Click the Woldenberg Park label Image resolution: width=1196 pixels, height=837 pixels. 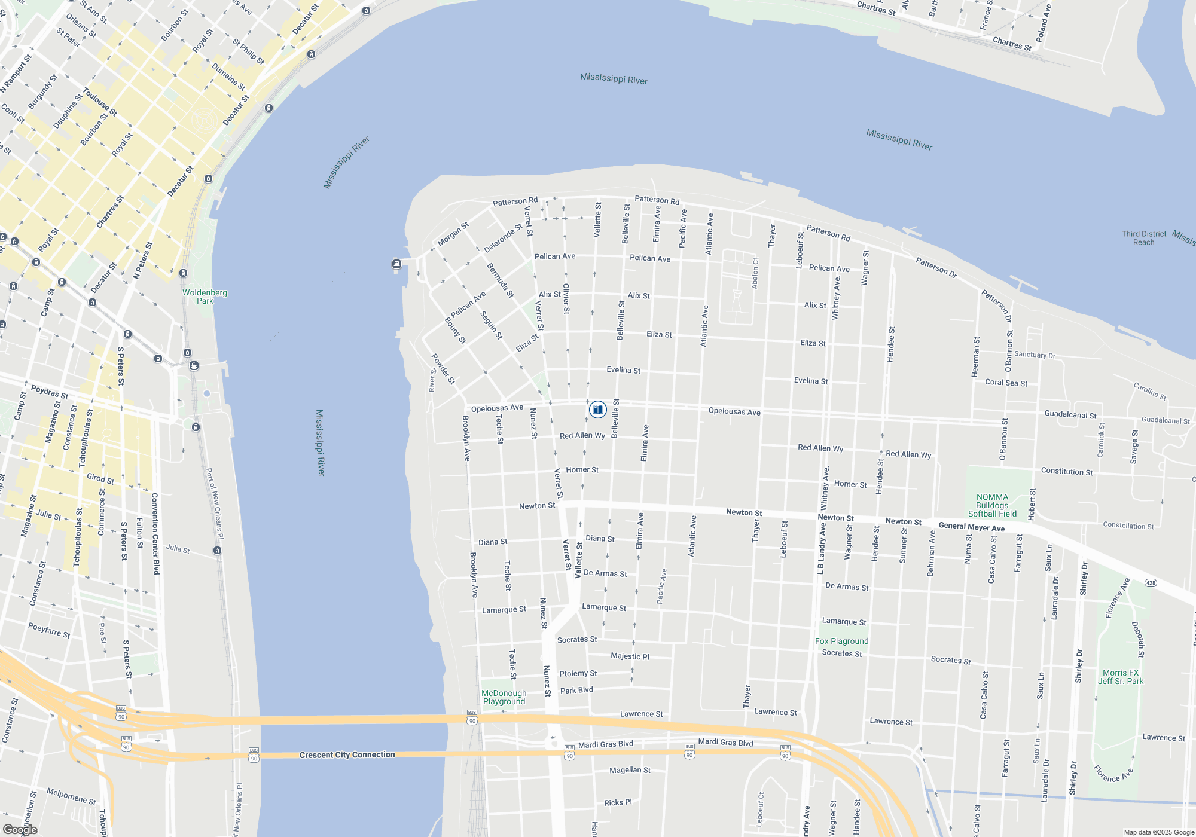coord(205,297)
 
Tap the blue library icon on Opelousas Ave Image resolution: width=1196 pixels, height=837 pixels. coord(597,410)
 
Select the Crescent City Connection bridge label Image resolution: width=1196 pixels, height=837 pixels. coord(347,754)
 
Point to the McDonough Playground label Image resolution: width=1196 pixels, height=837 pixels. coord(504,697)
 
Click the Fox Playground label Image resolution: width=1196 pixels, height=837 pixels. coord(841,641)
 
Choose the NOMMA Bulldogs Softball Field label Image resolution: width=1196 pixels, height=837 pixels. coord(992,505)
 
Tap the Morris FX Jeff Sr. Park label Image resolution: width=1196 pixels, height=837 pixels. coord(1120,677)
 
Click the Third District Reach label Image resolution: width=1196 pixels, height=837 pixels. coord(1143,238)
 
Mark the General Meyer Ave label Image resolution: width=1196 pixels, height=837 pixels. coord(971,527)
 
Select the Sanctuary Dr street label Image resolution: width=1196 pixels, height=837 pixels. coord(1035,355)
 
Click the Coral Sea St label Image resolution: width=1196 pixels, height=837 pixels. coord(1006,383)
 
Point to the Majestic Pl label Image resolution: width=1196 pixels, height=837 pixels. coord(630,656)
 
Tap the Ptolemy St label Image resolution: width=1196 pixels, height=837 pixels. coord(578,673)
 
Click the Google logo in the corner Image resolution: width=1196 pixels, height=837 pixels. coord(20,830)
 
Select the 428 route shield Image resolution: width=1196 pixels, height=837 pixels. coord(1150,583)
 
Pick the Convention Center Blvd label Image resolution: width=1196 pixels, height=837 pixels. coord(155,533)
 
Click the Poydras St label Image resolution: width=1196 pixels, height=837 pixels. coord(50,392)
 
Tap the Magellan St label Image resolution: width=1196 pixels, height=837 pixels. coord(630,770)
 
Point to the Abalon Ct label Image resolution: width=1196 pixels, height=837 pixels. coord(755,273)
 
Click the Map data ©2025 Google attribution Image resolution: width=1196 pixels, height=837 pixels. coord(1158,832)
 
